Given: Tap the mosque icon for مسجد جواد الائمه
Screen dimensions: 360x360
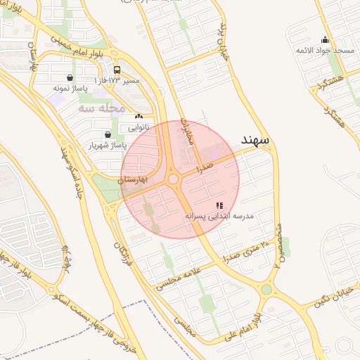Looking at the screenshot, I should (324, 40).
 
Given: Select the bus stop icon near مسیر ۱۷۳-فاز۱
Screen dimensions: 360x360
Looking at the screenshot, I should (117, 70).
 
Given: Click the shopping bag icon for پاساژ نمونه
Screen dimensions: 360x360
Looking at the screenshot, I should (69, 78).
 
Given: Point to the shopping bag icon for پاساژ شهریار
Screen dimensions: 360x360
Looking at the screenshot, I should (107, 134).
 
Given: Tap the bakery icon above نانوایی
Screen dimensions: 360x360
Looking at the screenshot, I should (139, 117).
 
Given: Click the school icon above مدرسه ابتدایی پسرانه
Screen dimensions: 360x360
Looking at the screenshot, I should (219, 205).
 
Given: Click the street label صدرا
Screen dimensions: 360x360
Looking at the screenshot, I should (205, 169).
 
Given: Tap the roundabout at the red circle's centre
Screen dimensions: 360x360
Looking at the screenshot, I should (174, 180).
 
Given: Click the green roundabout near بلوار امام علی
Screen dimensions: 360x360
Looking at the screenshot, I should (266, 289).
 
